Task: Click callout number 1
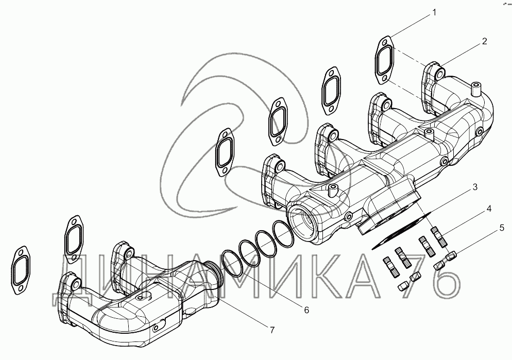coord(434,12)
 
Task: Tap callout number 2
coord(484,41)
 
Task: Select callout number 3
coord(475,187)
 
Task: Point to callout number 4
coord(489,208)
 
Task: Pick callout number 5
coord(502,228)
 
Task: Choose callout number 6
coord(306,310)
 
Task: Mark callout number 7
coord(272,330)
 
